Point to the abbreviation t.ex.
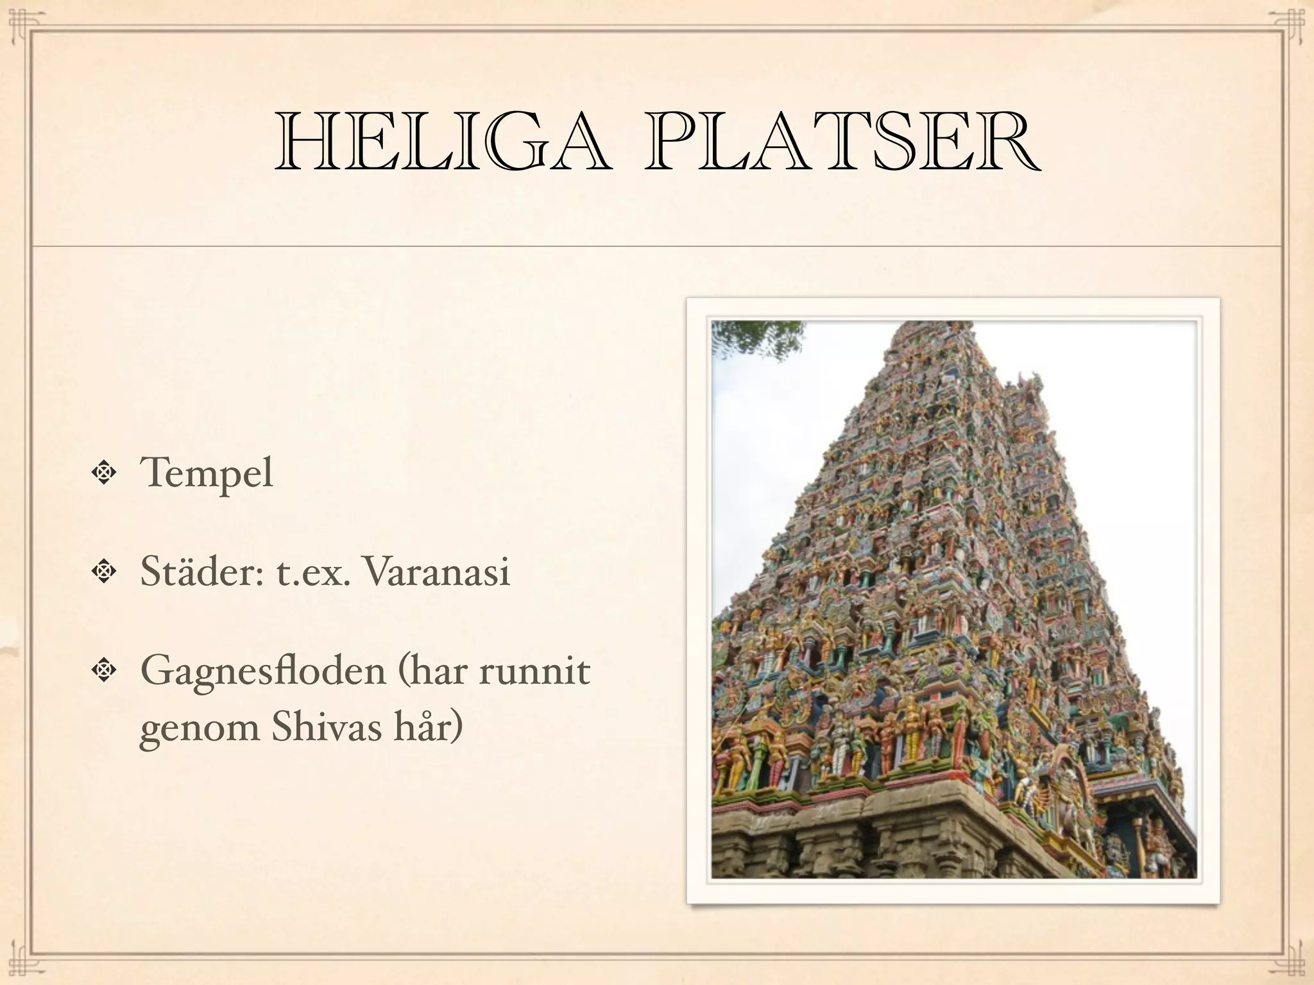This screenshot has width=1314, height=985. tap(313, 573)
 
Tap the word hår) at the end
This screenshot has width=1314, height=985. tap(425, 729)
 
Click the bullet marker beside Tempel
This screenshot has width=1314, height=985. tap(102, 473)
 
